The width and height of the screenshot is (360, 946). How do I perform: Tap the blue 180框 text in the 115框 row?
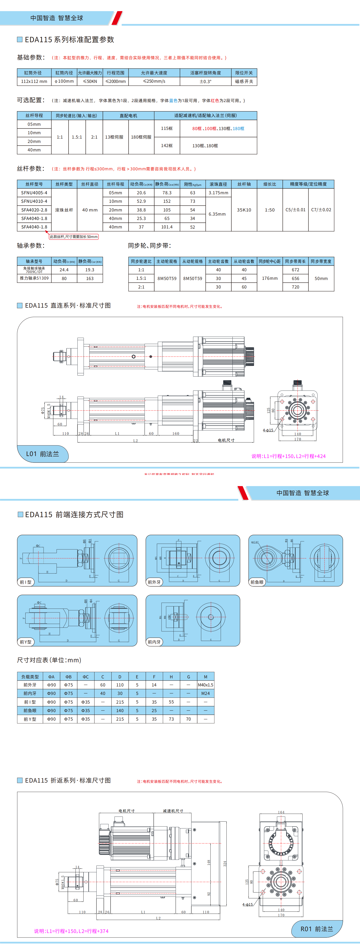238,129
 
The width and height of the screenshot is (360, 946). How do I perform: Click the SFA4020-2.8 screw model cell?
34,210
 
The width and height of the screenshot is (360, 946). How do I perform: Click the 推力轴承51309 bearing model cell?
34,278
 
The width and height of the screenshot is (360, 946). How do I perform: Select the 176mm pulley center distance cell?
270,278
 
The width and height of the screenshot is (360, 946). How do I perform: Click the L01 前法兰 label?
43,454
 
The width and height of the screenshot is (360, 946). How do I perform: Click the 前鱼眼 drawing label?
257,582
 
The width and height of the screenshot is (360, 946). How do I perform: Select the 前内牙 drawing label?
154,642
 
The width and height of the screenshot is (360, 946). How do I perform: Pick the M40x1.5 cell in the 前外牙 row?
205,685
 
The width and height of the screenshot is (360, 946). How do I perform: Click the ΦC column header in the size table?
86,676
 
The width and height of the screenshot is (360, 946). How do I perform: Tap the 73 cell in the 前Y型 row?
171,719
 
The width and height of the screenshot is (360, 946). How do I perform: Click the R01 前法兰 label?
317,929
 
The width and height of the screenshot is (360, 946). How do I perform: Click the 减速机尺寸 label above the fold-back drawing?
173,810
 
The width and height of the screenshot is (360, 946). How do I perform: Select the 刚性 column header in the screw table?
192,184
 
